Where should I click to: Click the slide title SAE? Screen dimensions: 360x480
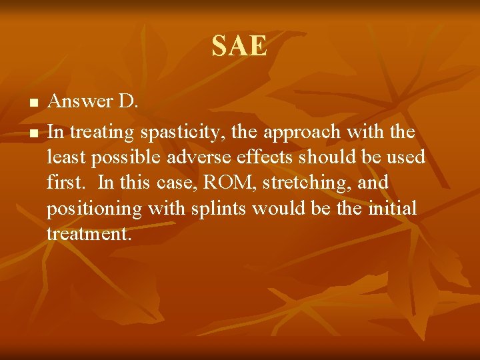pyautogui.click(x=239, y=47)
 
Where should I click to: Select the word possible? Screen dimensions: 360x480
pyautogui.click(x=125, y=158)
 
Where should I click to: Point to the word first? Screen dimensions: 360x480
pyautogui.click(x=63, y=182)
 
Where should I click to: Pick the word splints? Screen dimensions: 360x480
pyautogui.click(x=214, y=209)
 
